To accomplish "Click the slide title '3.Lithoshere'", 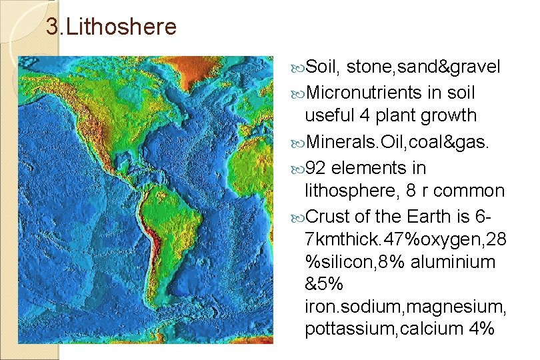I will [111, 27].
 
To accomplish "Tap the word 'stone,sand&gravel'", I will [423, 67].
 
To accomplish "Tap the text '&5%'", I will [324, 283].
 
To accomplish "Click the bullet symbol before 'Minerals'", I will [298, 141].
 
